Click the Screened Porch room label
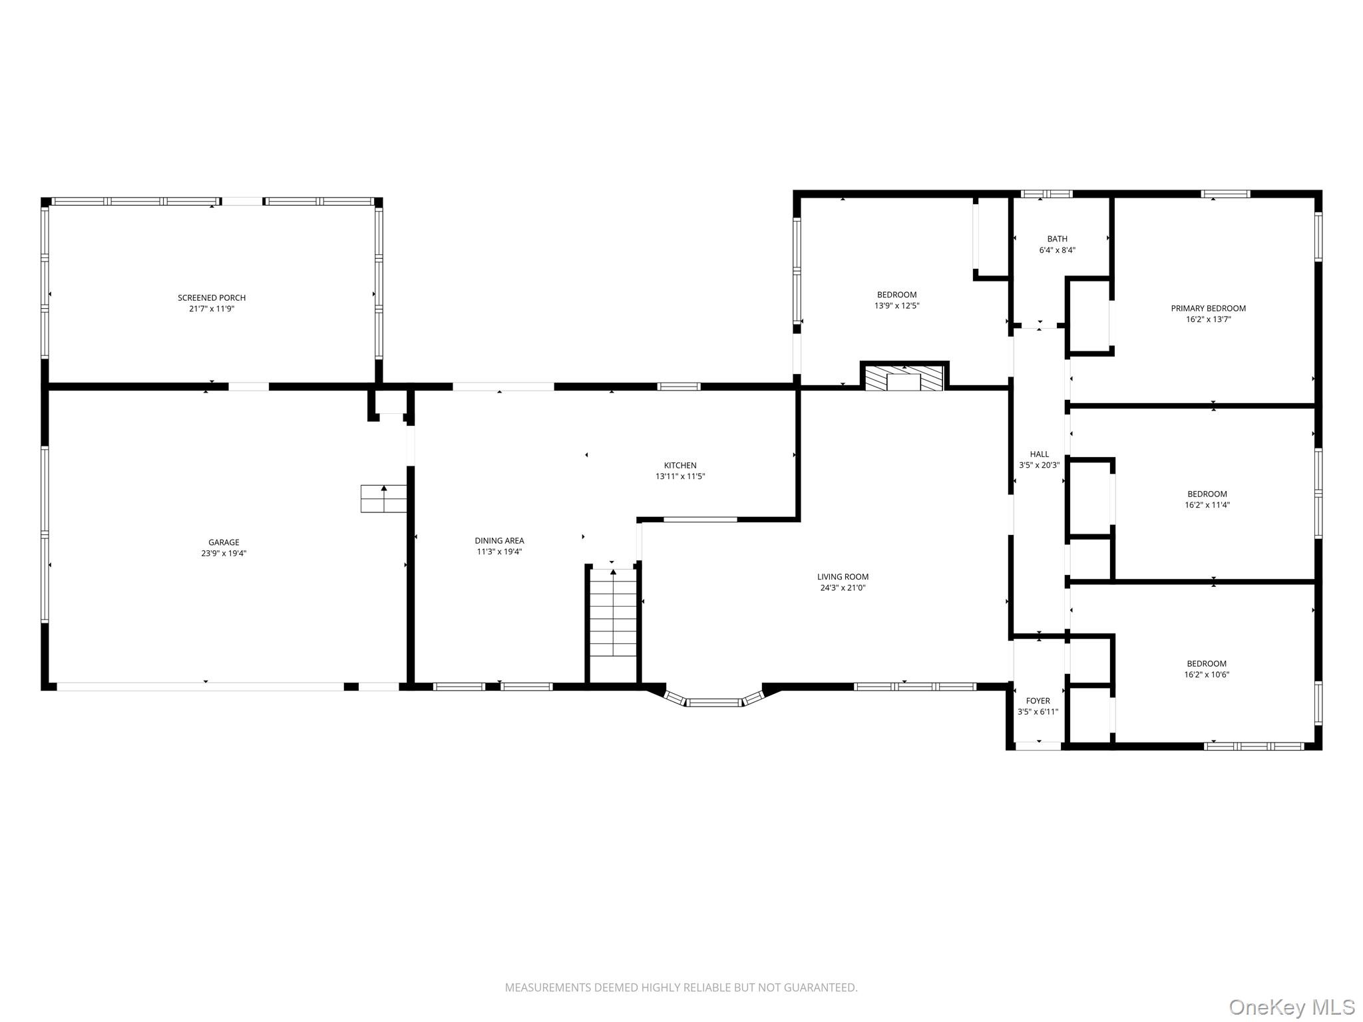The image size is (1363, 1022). point(212,297)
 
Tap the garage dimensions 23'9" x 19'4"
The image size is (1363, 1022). point(224,554)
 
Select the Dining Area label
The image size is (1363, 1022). point(499,541)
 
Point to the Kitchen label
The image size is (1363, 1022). point(680,466)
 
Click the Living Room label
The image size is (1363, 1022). point(843,577)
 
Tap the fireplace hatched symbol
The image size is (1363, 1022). point(904,377)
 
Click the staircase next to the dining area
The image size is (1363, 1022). point(613,625)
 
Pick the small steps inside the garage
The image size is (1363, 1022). point(383,499)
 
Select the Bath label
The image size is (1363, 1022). point(1058,239)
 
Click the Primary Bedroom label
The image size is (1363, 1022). point(1209,308)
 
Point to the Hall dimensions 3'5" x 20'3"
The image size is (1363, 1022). point(1040,466)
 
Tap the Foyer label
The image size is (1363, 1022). point(1038,701)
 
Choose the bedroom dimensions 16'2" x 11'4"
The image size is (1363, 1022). point(1207,505)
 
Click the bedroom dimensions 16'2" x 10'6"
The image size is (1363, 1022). point(1207,675)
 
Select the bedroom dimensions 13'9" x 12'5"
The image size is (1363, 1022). point(897,306)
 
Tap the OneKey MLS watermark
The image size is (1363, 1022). point(1292,1007)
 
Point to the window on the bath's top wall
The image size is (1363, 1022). point(1047,194)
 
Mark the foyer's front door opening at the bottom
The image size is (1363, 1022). point(1038,746)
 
